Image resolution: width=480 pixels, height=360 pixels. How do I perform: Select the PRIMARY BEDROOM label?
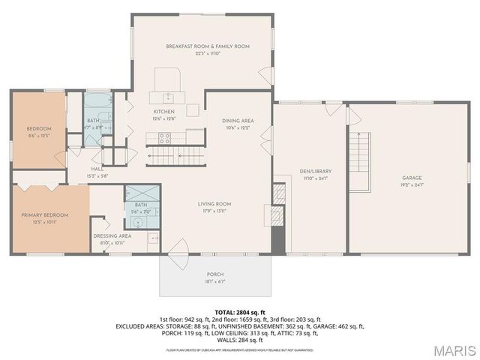pyautogui.click(x=44, y=215)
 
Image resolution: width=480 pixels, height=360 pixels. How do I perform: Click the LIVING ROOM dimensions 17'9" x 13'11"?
pyautogui.click(x=214, y=211)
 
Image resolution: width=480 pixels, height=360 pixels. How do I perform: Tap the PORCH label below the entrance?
pyautogui.click(x=215, y=274)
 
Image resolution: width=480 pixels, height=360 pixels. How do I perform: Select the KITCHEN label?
pyautogui.click(x=163, y=112)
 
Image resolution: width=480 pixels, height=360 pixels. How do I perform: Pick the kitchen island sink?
pyautogui.click(x=169, y=97)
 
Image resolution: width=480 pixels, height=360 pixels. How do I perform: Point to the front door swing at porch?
pyautogui.click(x=179, y=248)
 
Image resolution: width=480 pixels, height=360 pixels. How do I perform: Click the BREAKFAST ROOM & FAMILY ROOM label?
pyautogui.click(x=207, y=46)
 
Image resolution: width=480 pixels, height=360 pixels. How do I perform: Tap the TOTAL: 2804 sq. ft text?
pyautogui.click(x=239, y=311)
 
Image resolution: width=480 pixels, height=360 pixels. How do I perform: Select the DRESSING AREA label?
pyautogui.click(x=112, y=235)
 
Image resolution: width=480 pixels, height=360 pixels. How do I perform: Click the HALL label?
pyautogui.click(x=97, y=169)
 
